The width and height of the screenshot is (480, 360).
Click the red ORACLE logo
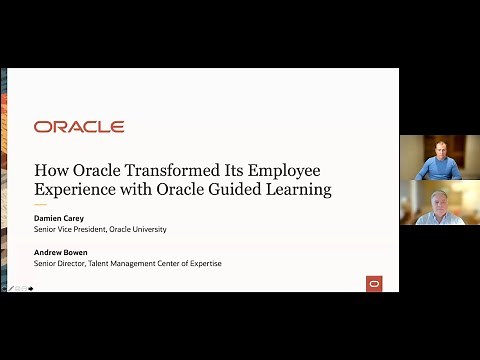click(x=79, y=127)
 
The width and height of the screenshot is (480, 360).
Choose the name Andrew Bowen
click(x=63, y=251)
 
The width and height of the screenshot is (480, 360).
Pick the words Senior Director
click(x=60, y=263)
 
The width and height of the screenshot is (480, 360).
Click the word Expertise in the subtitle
click(x=201, y=263)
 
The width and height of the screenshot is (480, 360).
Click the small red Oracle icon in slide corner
click(x=375, y=283)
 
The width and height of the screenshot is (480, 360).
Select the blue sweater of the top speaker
click(x=439, y=171)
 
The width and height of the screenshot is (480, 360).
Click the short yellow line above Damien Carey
click(x=40, y=207)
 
